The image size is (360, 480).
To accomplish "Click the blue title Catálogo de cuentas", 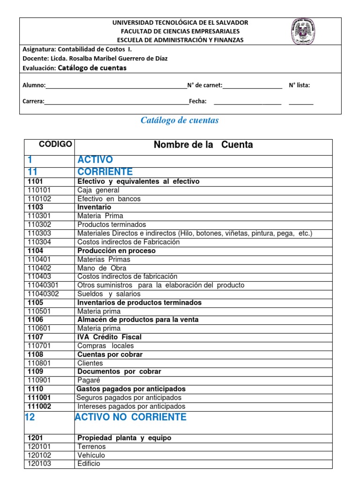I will point(180,120).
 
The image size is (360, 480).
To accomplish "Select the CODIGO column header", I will point(55,144).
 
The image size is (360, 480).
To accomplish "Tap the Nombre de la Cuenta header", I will point(203,145).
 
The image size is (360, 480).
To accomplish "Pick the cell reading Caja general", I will point(98,190).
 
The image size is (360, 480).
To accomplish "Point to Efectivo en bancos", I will point(109,199).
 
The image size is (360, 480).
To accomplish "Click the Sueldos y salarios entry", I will point(109,294).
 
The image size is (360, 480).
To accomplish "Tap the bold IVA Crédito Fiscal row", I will point(109,337).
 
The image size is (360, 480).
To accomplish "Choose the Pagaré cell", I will point(89,380).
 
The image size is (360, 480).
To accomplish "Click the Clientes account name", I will point(90,363).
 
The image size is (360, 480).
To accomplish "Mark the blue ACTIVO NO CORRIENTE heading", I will point(131,417).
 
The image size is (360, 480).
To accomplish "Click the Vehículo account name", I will point(91,455).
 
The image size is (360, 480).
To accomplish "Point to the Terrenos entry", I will point(91,447).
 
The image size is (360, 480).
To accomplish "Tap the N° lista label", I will point(299,85).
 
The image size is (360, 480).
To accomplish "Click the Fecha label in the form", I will point(197,101).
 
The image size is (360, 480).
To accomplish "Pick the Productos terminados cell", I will point(112,225).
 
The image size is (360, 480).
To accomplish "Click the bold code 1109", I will point(36,371).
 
